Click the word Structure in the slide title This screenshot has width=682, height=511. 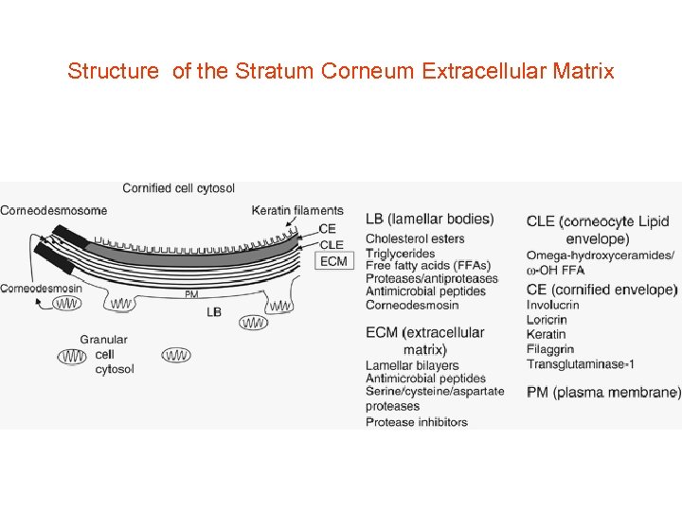[113, 71]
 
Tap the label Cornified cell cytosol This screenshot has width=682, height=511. [178, 188]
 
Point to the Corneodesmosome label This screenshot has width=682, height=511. [53, 210]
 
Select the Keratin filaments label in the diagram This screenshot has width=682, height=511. [297, 210]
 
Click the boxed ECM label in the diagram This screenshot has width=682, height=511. [333, 261]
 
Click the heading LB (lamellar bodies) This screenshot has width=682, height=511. [429, 220]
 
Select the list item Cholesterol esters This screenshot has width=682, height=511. [415, 239]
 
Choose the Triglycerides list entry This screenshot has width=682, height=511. [400, 253]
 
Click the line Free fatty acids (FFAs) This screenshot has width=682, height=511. [428, 266]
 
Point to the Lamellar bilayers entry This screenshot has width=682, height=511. [412, 365]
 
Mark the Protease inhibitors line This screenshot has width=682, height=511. [417, 422]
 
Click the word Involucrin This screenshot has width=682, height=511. [553, 305]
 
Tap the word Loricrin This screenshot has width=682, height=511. [547, 320]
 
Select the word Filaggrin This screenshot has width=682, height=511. [550, 349]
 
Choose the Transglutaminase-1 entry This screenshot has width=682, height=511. [581, 363]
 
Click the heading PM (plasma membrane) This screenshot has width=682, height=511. [603, 393]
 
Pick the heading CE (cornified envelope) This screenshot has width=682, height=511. [601, 290]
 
